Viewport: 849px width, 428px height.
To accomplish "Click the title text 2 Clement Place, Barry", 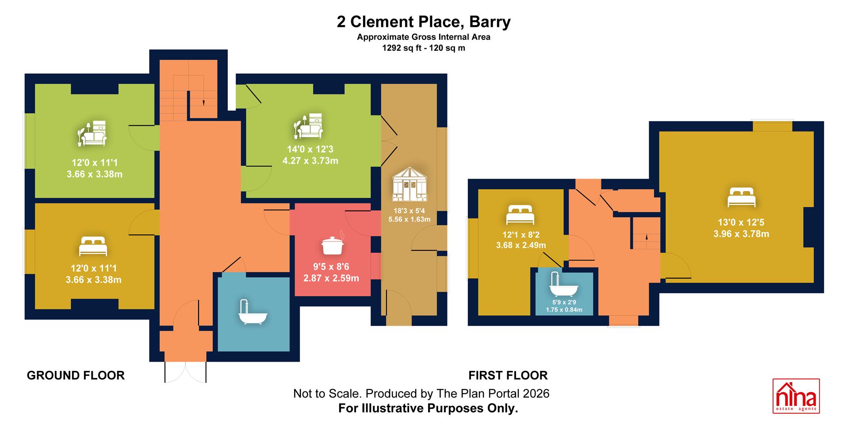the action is coord(424,22).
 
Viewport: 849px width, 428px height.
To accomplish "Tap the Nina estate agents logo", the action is coord(796,396).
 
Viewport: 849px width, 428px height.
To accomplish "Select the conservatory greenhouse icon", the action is coord(409,185).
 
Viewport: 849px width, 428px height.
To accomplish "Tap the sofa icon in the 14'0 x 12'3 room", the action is coord(309,126).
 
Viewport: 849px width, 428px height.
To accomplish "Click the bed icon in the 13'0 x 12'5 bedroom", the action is coord(742,198).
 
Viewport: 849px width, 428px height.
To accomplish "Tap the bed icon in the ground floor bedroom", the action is coord(93,246).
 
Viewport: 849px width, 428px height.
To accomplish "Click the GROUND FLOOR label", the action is coord(76,375).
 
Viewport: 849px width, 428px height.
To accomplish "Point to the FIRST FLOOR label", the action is coord(508,375).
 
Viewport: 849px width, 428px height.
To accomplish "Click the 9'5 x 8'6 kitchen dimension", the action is coord(331,267).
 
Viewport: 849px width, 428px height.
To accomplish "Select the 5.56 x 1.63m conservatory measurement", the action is coord(409,219).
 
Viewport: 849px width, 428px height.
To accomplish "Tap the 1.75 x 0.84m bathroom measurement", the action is coord(564,310).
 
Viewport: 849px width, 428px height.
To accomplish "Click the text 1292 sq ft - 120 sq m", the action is coord(424,48).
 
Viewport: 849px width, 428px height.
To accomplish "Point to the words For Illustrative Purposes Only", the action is coord(428,408).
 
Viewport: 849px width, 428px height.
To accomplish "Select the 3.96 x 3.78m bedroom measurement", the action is coord(741,234).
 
